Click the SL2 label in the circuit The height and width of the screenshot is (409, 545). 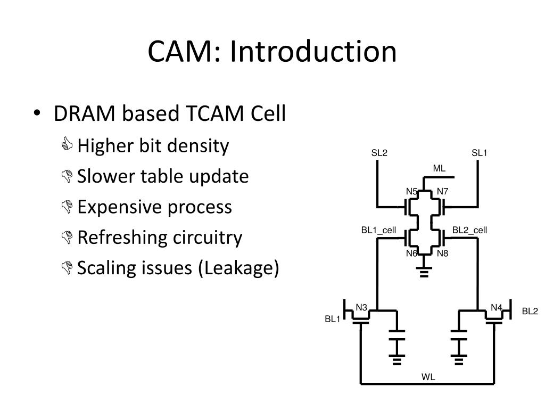pos(379,153)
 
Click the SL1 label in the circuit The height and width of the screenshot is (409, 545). pos(479,153)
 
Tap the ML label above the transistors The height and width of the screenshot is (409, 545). pos(439,168)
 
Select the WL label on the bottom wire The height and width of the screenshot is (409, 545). pos(428,377)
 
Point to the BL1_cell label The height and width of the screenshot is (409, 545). pos(378,230)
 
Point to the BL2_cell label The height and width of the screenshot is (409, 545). pos(469,230)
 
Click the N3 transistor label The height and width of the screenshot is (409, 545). pos(361,307)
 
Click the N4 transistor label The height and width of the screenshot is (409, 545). pos(497,307)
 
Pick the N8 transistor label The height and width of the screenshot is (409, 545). pos(442,253)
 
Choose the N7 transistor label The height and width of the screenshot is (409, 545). pos(442,191)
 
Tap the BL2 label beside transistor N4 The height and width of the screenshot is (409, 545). pos(530,311)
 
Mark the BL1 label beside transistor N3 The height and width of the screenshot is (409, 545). pos(332,319)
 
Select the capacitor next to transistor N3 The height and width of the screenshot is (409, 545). pos(397,335)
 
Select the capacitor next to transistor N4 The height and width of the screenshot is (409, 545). pos(458,335)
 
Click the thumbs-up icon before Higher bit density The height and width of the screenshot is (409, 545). pos(67,144)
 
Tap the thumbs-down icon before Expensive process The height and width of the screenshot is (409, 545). pos(67,207)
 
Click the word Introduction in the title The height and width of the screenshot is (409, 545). pos(313,51)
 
